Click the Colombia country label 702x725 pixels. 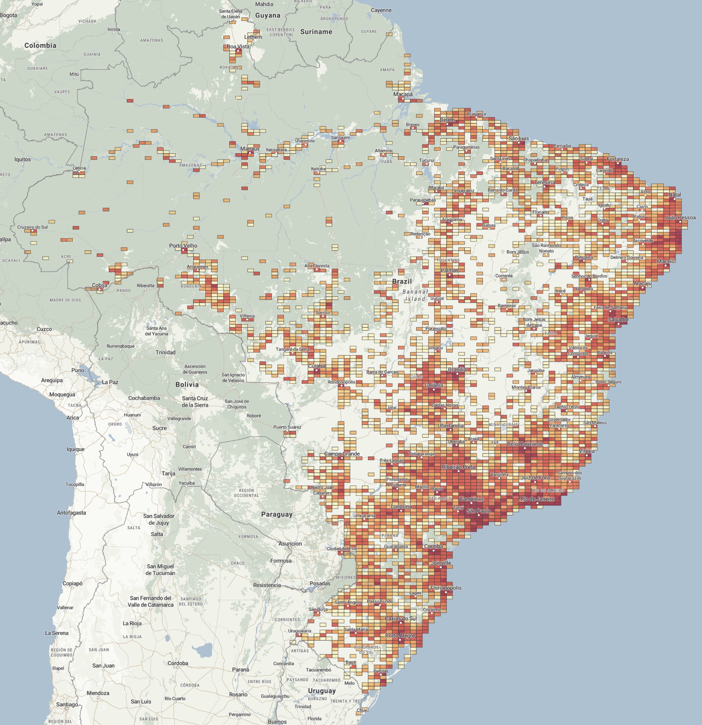coord(40,46)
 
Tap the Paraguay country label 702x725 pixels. coord(277,514)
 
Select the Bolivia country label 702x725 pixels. coord(187,384)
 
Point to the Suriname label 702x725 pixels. coord(316,32)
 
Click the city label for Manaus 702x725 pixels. coord(250,149)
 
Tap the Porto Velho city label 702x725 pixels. coord(183,246)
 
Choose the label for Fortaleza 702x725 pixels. coord(618,159)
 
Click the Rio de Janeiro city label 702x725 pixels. coord(537,499)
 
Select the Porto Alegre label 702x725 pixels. coord(400,635)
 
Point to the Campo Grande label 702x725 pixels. coord(342,454)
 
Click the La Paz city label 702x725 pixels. coord(110,382)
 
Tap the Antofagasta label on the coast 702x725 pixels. coord(71,513)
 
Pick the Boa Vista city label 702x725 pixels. coord(238,47)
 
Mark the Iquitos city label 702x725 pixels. coord(22,159)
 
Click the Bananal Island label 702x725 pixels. coord(415,295)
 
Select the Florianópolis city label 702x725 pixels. coord(445,588)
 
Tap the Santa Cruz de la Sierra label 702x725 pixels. coord(195,401)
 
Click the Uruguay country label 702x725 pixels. coord(322,691)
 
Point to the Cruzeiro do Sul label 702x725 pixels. coord(32,227)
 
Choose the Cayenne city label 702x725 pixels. coord(381,10)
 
